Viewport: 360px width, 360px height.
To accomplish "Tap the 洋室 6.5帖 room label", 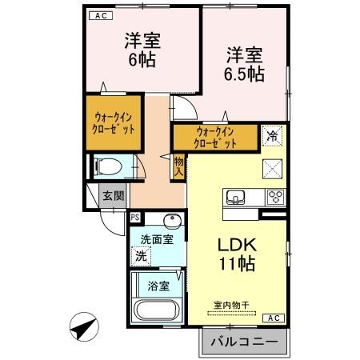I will click(244, 64).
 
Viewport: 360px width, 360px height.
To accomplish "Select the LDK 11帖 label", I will click(238, 253).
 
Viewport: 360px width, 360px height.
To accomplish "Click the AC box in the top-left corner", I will click(100, 14).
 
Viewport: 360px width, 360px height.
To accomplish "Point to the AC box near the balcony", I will click(274, 318).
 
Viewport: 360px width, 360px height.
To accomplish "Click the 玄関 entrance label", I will click(113, 194).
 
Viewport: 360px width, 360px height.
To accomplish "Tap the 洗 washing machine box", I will click(142, 258).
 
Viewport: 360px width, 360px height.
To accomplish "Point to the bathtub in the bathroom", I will click(157, 311).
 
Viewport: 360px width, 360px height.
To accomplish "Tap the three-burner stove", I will click(275, 198).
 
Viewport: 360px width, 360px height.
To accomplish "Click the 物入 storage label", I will click(179, 166).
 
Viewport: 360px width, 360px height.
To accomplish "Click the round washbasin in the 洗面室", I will click(170, 222).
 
